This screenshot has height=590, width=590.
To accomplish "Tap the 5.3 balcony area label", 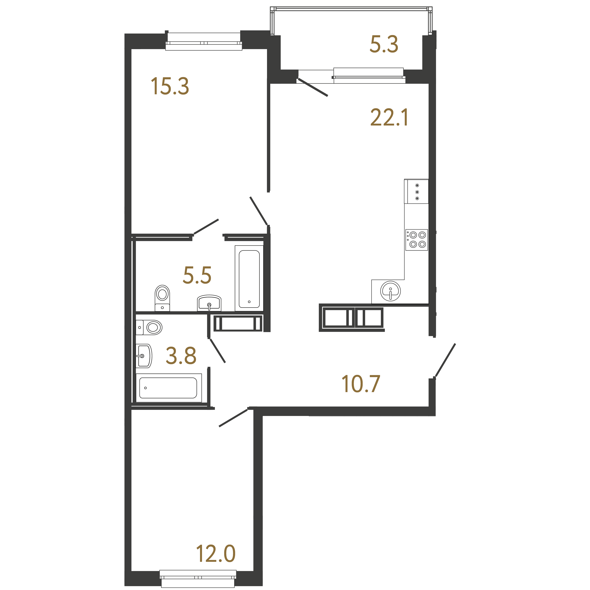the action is tap(384, 44).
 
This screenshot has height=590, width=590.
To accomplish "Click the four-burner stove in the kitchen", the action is tap(417, 240).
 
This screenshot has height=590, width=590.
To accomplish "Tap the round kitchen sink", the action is tap(390, 291).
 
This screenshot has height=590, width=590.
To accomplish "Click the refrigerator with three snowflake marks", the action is tap(416, 191).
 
